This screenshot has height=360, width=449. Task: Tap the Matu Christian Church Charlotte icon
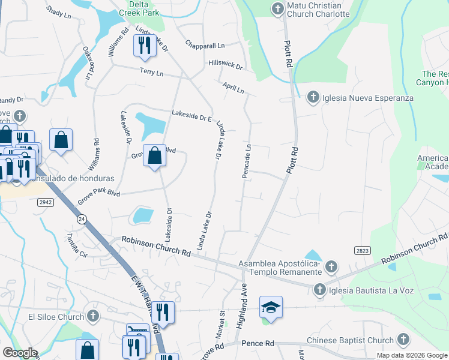pyautogui.click(x=277, y=8)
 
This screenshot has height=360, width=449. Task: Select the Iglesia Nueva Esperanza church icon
pyautogui.click(x=312, y=97)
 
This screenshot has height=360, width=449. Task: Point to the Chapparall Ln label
pyautogui.click(x=205, y=45)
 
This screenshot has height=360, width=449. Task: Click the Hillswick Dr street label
pyautogui.click(x=225, y=63)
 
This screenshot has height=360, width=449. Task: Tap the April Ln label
pyautogui.click(x=234, y=88)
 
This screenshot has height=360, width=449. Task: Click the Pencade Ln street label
pyautogui.click(x=246, y=160)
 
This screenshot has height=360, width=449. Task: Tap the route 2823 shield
pyautogui.click(x=362, y=251)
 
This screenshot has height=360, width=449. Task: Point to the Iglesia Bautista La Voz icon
pyautogui.click(x=318, y=290)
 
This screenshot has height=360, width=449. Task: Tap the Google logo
pyautogui.click(x=20, y=353)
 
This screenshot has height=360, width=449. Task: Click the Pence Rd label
pyautogui.click(x=258, y=343)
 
